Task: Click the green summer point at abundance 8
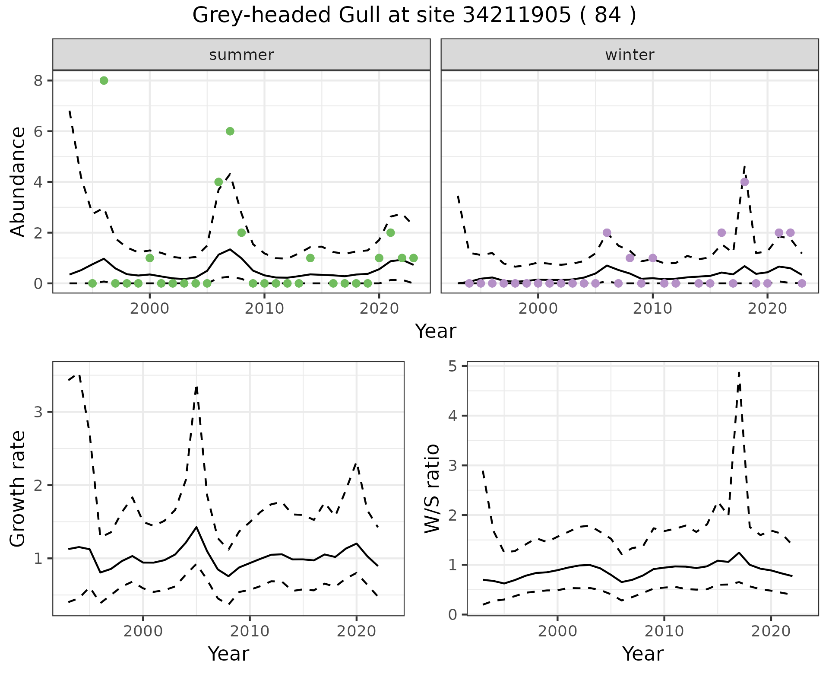[x=104, y=80]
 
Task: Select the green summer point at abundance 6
[x=230, y=131]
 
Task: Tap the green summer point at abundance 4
[x=218, y=182]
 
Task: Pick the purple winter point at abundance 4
[x=744, y=182]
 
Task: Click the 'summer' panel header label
[x=241, y=55]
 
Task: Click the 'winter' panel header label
[x=630, y=55]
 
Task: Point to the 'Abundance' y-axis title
[x=18, y=181]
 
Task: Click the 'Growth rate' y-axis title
[x=18, y=489]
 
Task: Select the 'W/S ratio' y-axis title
[x=432, y=488]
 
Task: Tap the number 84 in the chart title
[x=608, y=16]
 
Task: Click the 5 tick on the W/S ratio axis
[x=452, y=366]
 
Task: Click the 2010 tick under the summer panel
[x=264, y=308]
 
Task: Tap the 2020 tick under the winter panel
[x=767, y=308]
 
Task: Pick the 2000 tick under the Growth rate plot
[x=143, y=631]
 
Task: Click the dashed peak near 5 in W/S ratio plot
[x=739, y=372]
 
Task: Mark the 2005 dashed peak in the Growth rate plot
[x=196, y=387]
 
